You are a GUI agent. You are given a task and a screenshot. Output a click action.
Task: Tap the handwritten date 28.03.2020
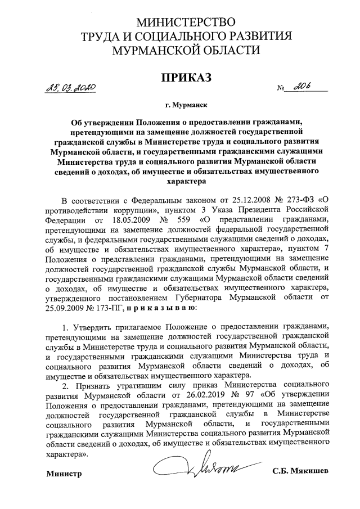coord(70,88)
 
